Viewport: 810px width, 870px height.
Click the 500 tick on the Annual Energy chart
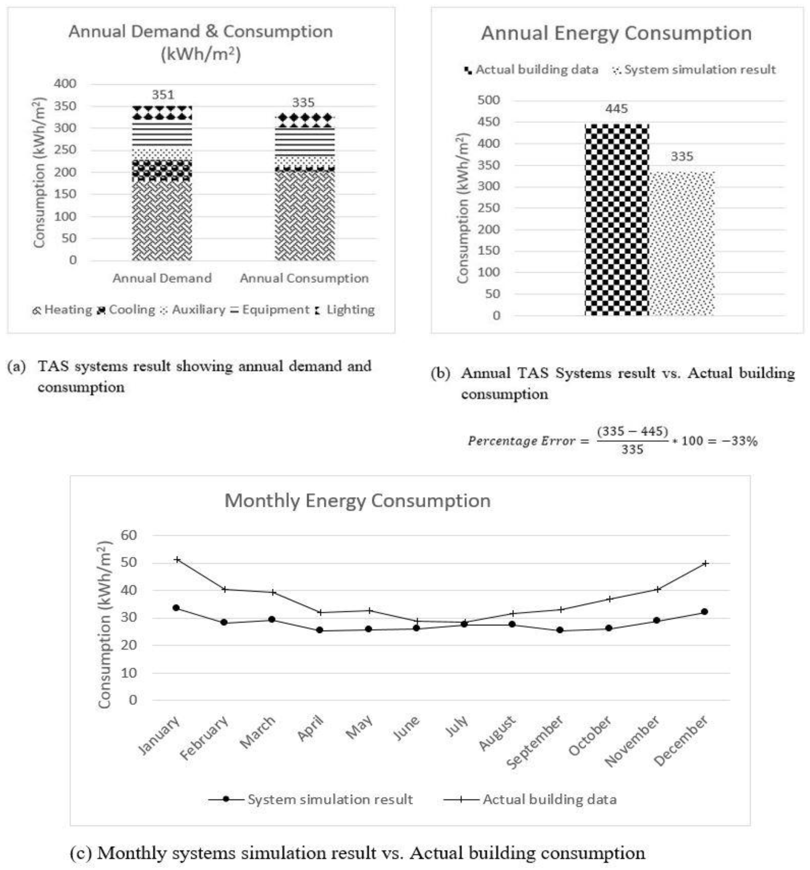pyautogui.click(x=488, y=100)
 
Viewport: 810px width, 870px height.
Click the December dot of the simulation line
pyautogui.click(x=705, y=612)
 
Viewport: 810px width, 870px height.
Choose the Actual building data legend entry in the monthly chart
pyautogui.click(x=549, y=800)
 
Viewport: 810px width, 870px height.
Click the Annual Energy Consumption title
pyautogui.click(x=616, y=33)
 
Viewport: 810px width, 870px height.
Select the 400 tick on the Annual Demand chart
pyautogui.click(x=65, y=83)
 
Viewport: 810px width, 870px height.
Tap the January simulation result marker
pyautogui.click(x=176, y=608)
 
